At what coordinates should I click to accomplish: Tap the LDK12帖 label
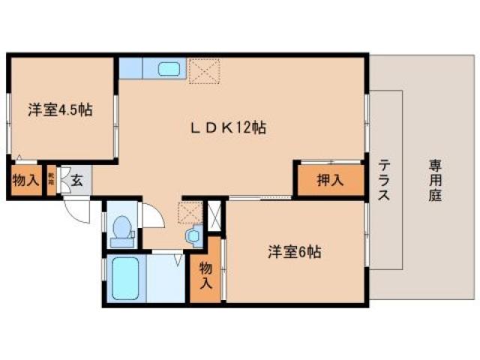point(227,128)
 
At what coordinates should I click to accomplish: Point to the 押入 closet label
point(329,180)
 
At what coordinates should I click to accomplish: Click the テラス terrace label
point(383,180)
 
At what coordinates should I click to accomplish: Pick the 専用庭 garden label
point(435,180)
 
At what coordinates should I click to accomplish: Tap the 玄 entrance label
point(77,180)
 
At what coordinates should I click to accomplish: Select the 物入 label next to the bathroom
point(205,273)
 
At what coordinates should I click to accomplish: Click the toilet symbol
point(121,229)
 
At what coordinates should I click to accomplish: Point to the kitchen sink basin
point(169,70)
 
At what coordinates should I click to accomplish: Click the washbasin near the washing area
point(193,236)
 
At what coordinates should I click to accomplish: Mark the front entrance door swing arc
point(77,211)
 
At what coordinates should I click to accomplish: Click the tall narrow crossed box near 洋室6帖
point(216,217)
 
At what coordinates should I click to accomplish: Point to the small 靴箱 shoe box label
point(51,180)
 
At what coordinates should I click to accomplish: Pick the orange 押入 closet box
point(330,180)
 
